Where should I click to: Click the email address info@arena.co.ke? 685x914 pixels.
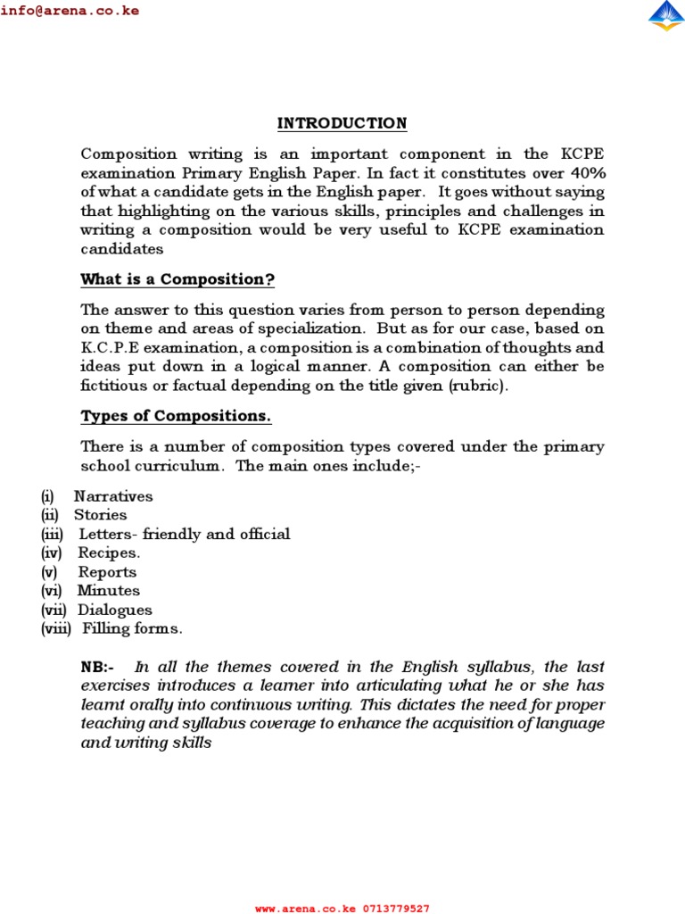point(70,12)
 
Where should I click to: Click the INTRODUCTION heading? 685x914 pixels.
point(342,123)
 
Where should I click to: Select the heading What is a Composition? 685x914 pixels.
point(177,279)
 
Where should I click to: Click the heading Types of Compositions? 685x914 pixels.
point(176,417)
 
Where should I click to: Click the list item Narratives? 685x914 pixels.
point(113,496)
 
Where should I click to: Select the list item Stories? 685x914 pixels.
point(100,515)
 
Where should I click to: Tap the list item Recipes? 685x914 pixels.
point(109,553)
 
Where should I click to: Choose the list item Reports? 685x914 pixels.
point(107,572)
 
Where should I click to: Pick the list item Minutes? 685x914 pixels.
point(109,591)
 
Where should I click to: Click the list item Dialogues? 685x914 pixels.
point(115,611)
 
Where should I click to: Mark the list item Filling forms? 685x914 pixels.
point(133,629)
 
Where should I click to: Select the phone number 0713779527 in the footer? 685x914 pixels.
point(396,909)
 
